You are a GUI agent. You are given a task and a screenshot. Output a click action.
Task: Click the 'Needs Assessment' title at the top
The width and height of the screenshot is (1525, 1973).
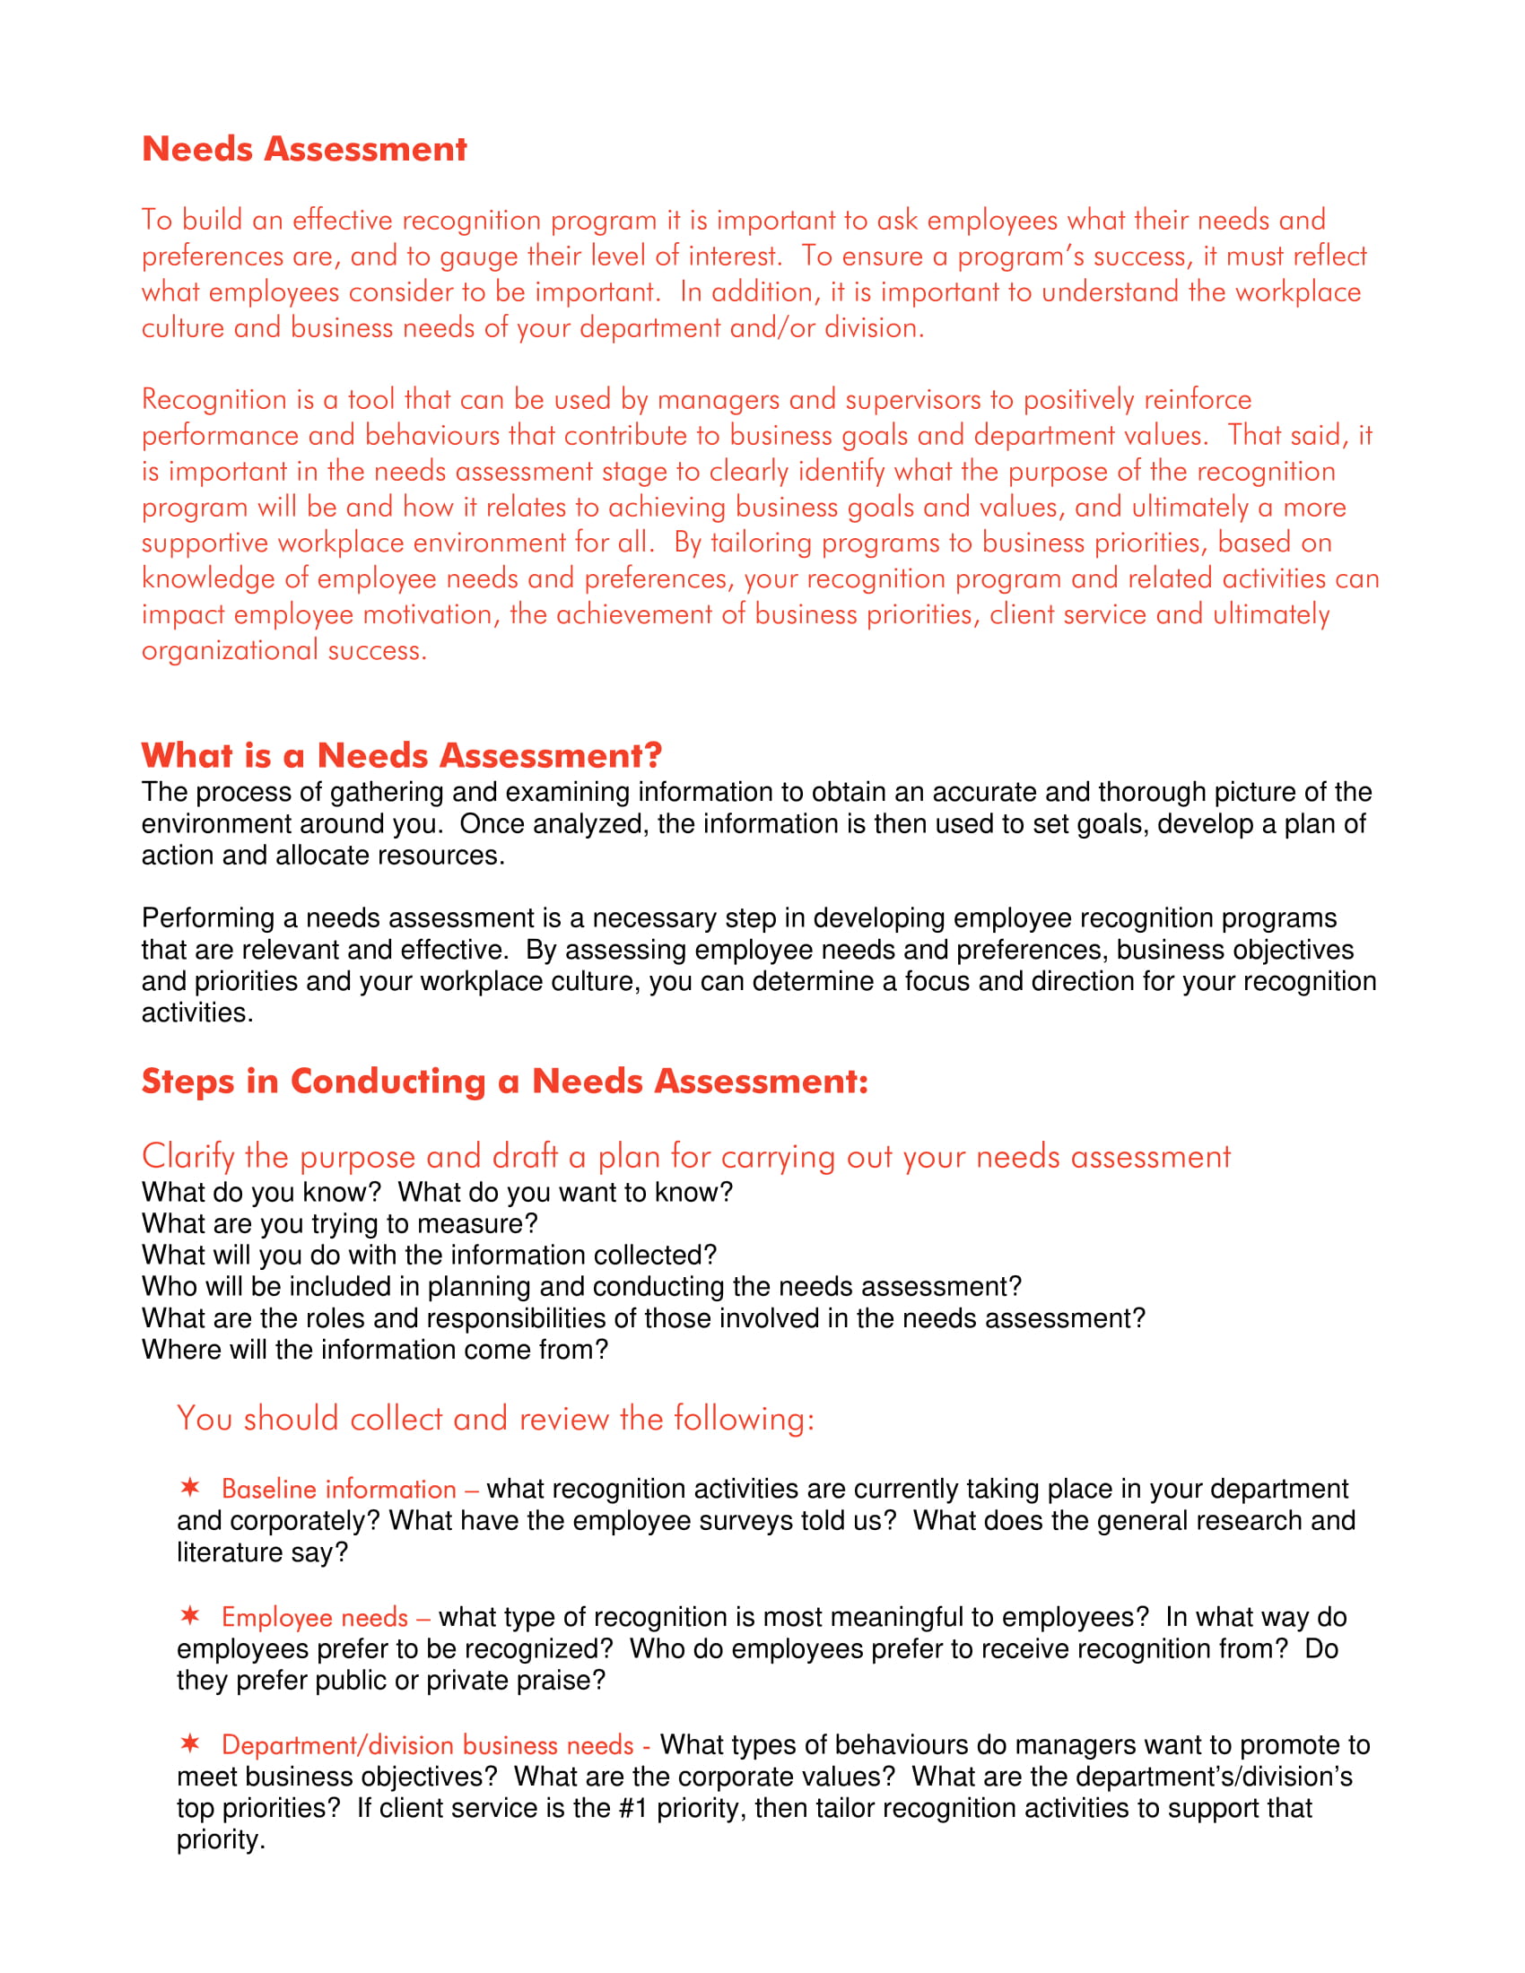click(x=303, y=149)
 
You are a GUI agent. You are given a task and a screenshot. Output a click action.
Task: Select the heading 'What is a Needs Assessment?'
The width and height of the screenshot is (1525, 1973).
click(x=401, y=755)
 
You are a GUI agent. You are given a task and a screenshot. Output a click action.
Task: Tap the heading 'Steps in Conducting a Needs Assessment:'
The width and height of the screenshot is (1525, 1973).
click(x=504, y=1082)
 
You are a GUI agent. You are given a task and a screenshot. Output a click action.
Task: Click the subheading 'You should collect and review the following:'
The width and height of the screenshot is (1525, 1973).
click(x=495, y=1420)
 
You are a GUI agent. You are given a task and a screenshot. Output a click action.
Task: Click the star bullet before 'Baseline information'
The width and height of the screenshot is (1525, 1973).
click(x=189, y=1487)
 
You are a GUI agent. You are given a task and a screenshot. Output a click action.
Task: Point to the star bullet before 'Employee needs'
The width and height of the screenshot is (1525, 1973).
click(x=189, y=1614)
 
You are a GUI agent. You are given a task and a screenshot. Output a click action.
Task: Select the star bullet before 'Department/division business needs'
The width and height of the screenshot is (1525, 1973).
click(x=189, y=1742)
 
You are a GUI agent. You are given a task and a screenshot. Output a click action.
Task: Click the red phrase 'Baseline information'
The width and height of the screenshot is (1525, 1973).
click(x=339, y=1490)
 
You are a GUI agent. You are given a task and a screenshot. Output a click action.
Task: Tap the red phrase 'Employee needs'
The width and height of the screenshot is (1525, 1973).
click(x=314, y=1617)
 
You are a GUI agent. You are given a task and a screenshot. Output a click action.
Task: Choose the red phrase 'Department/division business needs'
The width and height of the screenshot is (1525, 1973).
click(x=427, y=1745)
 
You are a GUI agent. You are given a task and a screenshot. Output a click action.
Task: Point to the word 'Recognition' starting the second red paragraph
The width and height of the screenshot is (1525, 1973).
click(x=213, y=400)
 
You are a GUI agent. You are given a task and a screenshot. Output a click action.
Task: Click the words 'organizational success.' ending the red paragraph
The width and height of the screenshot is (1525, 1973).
click(x=283, y=650)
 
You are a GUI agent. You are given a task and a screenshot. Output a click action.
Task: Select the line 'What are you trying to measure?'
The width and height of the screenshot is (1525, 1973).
click(x=340, y=1224)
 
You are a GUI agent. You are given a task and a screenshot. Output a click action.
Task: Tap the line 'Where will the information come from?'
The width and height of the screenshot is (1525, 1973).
click(x=375, y=1350)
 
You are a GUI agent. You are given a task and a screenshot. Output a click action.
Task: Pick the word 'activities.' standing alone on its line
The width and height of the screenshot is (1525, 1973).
click(x=197, y=1013)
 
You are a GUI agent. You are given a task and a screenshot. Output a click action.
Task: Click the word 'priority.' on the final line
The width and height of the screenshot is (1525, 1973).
click(x=221, y=1840)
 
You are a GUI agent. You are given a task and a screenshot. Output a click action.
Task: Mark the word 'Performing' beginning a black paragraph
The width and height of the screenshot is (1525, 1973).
click(x=208, y=918)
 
